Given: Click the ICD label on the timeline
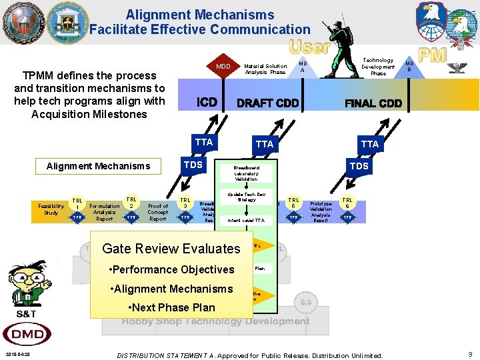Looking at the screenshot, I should [x=207, y=103].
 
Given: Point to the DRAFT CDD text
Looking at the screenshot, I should [x=268, y=103].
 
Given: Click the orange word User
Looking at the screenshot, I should [x=309, y=47].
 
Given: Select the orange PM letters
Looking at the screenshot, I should [x=431, y=55].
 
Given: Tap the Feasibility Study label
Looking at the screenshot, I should [x=51, y=209].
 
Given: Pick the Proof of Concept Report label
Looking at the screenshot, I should [x=158, y=212].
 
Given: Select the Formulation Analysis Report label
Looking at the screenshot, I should [x=105, y=212].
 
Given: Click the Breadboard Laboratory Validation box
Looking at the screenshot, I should [x=247, y=173].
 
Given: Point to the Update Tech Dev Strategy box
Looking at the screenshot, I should [x=247, y=197].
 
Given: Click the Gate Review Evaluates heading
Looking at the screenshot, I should [x=171, y=249].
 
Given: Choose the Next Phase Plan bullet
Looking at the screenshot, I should [x=171, y=307].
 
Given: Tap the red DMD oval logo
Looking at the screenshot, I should [x=27, y=334].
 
